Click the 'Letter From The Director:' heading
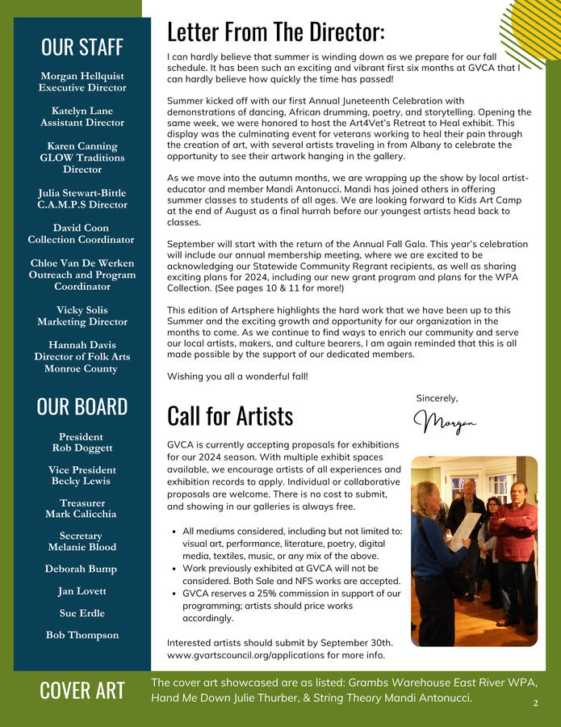click(x=275, y=32)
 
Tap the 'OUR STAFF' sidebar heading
click(x=82, y=47)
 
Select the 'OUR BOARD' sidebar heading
click(x=82, y=406)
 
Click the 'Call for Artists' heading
click(x=229, y=415)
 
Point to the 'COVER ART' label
click(x=82, y=691)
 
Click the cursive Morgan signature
click(x=444, y=422)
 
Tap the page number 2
click(x=535, y=704)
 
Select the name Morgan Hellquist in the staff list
click(x=82, y=75)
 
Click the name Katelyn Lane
click(x=82, y=111)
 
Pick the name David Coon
click(x=82, y=228)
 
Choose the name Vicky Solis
click(x=82, y=310)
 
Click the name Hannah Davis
click(x=82, y=345)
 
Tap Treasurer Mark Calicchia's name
click(x=82, y=514)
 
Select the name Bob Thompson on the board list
click(x=82, y=635)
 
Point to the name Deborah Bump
click(x=82, y=569)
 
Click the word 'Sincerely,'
click(x=437, y=398)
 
